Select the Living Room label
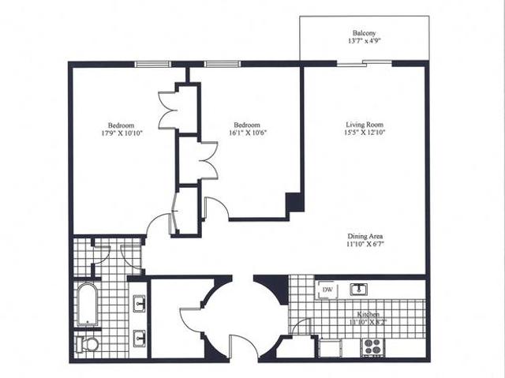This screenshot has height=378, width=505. tap(364, 125)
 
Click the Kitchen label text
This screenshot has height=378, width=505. tap(368, 314)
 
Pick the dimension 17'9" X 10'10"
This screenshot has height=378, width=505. tap(122, 133)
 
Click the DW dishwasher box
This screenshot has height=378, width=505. tap(327, 290)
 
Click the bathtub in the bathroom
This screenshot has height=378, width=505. tap(87, 305)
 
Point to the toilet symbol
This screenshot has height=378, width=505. tap(88, 344)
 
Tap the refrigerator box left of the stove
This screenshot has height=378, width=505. tap(331, 346)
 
